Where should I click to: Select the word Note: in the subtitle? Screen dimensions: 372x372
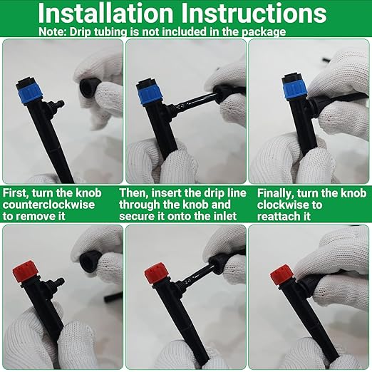tap(53, 31)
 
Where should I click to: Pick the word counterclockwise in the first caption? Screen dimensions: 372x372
tap(48, 205)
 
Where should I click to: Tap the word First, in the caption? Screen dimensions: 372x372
tap(16, 193)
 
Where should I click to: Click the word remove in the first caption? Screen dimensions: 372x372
tap(36, 217)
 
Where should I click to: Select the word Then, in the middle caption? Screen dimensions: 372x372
tap(134, 193)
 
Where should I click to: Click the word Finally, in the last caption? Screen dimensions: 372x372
tap(275, 194)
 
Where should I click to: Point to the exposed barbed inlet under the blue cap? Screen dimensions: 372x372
tap(56, 105)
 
